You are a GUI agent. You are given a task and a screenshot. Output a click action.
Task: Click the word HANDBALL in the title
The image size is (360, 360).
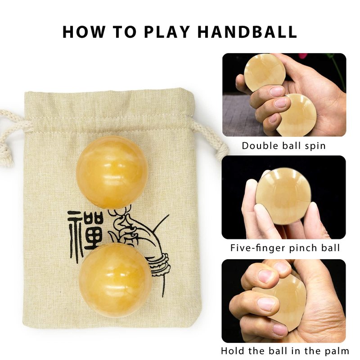[x=247, y=31]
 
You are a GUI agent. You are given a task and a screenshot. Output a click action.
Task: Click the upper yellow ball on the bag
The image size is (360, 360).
[x=112, y=172]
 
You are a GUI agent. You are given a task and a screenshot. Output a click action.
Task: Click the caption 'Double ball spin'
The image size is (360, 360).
[x=284, y=146]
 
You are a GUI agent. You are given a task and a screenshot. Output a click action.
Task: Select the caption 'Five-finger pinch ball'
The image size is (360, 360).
[x=285, y=248]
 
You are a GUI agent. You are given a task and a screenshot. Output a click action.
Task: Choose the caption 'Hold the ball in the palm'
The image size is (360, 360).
[x=285, y=351]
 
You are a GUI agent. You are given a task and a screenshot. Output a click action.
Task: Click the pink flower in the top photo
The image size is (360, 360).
[x=303, y=56]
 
